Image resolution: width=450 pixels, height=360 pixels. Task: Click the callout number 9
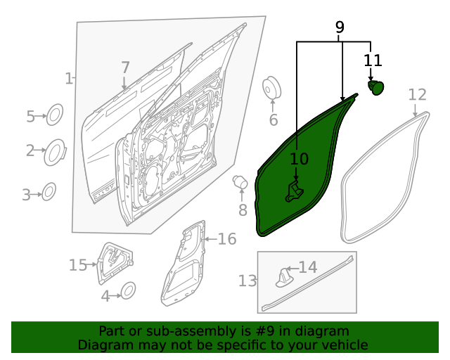point(340,27)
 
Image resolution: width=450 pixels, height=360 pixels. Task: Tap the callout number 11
point(373,60)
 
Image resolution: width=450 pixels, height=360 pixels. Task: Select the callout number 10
point(300,160)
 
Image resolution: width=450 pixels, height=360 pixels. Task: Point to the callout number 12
point(418,94)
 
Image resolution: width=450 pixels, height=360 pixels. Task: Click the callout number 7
point(125,68)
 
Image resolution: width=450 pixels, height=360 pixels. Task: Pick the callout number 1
point(68,79)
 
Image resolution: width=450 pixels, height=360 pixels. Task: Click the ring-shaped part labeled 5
point(55,115)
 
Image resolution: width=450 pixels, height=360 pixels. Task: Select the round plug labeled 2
point(54,152)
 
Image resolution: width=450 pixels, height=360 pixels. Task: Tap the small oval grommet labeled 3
point(49,191)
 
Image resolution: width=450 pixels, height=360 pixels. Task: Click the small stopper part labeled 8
point(240,184)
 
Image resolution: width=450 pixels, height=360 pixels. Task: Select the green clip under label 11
point(377,87)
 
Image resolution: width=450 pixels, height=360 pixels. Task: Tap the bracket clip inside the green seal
point(293,191)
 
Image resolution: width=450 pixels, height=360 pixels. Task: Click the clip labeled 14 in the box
point(283,277)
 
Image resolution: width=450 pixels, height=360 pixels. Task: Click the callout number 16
point(226,240)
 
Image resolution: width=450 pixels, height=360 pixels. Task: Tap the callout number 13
point(247,281)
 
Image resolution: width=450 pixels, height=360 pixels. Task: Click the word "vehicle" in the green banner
point(342,345)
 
